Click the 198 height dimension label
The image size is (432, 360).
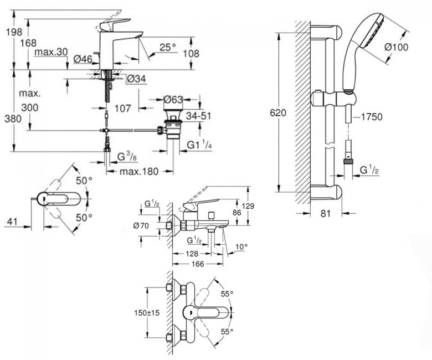point(14,32)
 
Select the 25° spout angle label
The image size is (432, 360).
point(167,48)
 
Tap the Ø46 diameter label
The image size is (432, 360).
point(83,59)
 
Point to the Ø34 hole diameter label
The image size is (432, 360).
point(136,79)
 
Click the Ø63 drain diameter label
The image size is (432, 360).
point(173,100)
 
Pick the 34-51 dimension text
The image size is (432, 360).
point(198,116)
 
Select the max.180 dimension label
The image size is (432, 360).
point(139,172)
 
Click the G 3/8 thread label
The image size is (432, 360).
point(127,157)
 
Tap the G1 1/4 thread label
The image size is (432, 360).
point(199,145)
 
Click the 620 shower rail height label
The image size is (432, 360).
point(278,112)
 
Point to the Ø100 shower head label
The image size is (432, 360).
point(396,47)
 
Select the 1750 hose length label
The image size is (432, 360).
point(372,117)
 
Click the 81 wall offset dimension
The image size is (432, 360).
point(325,213)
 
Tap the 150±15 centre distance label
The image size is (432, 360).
point(147,313)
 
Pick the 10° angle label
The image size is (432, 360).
point(241,247)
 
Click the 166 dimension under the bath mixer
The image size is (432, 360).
point(198,264)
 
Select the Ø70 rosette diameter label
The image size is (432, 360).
point(141,226)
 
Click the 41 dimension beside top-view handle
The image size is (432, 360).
point(11,221)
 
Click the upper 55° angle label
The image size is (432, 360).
point(227,294)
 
